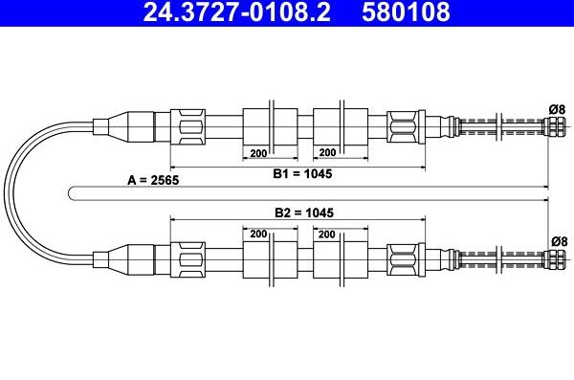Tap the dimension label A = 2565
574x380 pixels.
pos(152,179)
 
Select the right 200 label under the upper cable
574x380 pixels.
pos(327,152)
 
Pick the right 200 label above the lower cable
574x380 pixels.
pos(327,234)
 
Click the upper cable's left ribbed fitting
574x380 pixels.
pos(188,124)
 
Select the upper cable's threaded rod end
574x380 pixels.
pos(502,124)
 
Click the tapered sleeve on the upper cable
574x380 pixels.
pos(122,124)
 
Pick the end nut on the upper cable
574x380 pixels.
pos(553,124)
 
